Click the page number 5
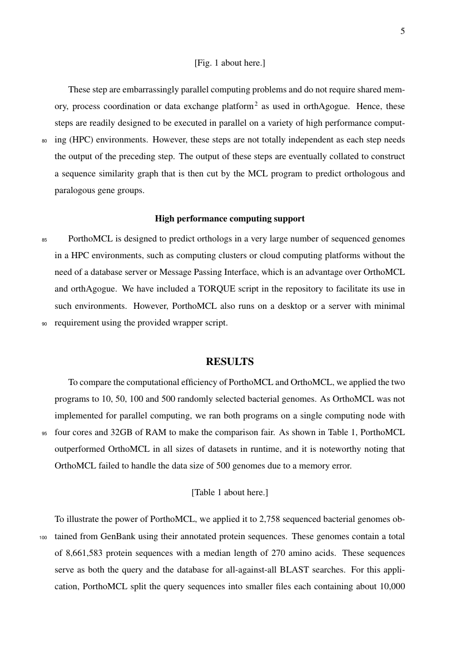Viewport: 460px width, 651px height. pos(402,31)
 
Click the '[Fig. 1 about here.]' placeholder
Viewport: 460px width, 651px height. pos(230,63)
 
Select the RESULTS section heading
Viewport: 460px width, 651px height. pos(230,362)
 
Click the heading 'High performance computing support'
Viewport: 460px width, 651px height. pos(230,218)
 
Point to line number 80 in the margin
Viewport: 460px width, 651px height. pos(44,141)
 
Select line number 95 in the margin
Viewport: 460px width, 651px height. pos(44,433)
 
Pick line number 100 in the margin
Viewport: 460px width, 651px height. pos(44,539)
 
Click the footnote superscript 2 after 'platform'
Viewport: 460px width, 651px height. pos(255,103)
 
